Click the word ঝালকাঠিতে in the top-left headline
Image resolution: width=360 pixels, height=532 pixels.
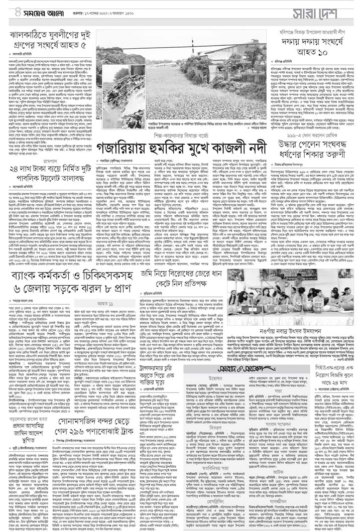(34, 36)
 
